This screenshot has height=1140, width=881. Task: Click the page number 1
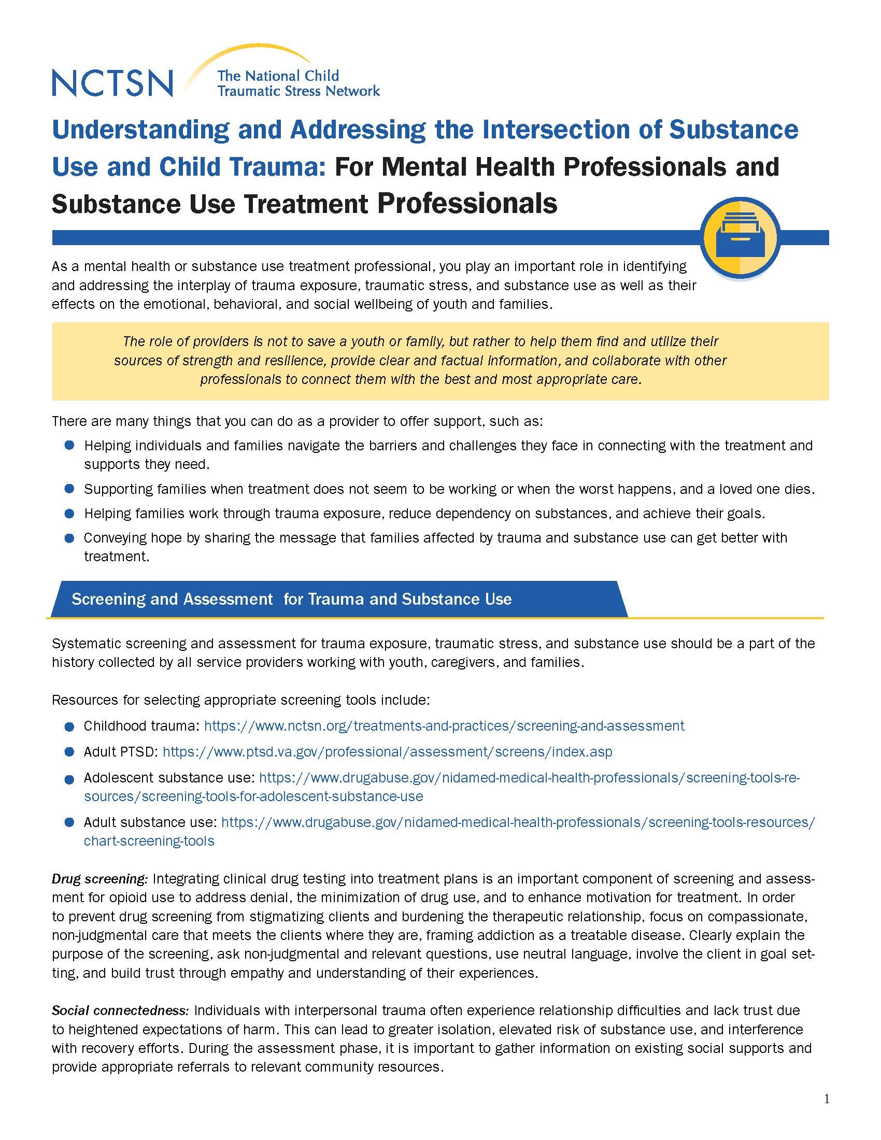tap(826, 1100)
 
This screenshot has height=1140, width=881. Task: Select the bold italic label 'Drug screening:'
tap(100, 879)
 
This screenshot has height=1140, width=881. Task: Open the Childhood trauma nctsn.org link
tap(444, 726)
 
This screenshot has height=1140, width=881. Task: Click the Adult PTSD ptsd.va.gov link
tap(387, 752)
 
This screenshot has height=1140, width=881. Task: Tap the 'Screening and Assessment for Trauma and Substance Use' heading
tap(291, 598)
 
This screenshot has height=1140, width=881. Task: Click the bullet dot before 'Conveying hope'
tap(69, 538)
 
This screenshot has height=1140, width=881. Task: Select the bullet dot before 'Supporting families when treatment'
tap(69, 489)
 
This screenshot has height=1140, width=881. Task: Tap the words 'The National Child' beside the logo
tap(278, 76)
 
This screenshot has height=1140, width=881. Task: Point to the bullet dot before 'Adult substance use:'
tap(69, 823)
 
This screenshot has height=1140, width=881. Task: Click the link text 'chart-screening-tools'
tap(149, 841)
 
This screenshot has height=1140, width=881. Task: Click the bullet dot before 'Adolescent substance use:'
tap(69, 779)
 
